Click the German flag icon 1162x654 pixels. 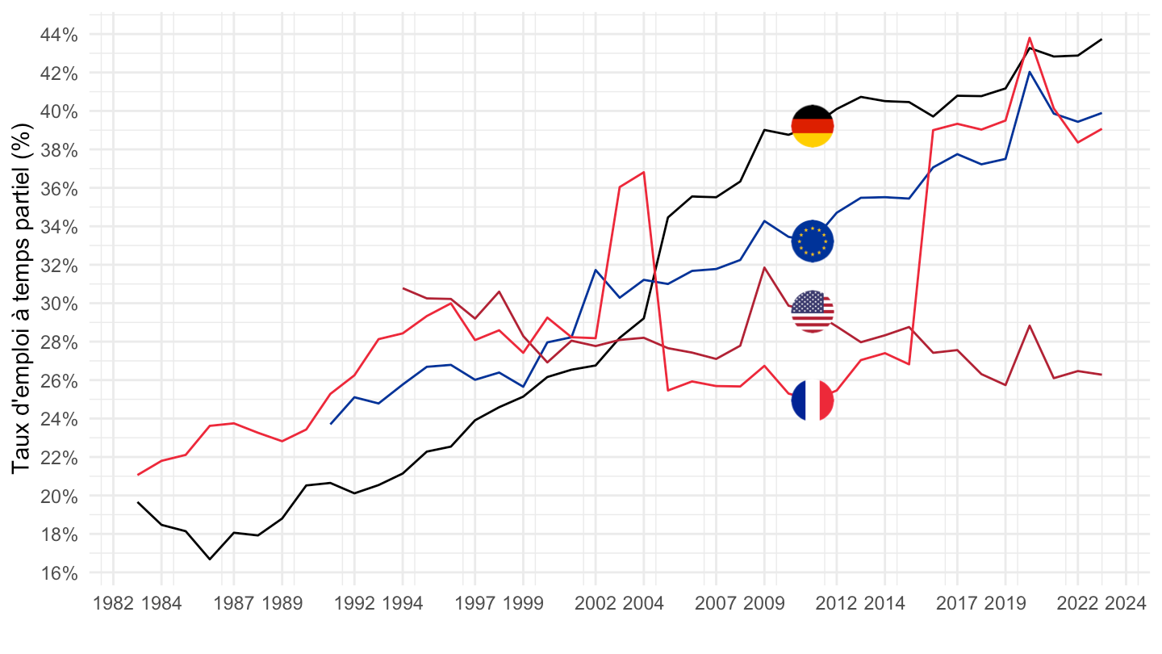812,126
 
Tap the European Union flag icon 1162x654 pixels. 813,241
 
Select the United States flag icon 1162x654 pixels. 813,312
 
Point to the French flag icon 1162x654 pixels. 813,400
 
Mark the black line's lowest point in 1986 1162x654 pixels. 210,559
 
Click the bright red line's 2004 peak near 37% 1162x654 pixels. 644,172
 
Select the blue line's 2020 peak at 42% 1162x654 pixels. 1030,72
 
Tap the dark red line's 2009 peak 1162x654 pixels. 764,267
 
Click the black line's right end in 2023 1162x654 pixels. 1101,40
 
